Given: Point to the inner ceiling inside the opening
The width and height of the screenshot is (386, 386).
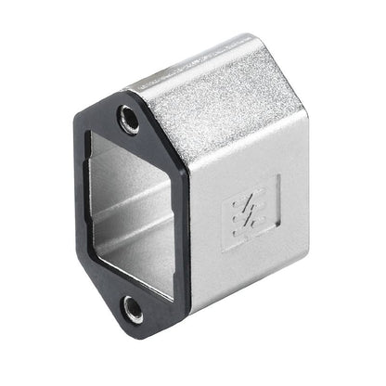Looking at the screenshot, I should [x=121, y=158].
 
